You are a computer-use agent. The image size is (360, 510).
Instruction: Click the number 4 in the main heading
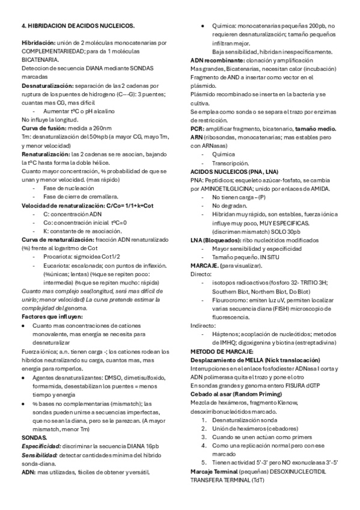tap(23, 26)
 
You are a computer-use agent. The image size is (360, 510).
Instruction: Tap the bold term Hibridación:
tap(38, 43)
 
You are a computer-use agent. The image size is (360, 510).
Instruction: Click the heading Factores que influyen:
tap(52, 316)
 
